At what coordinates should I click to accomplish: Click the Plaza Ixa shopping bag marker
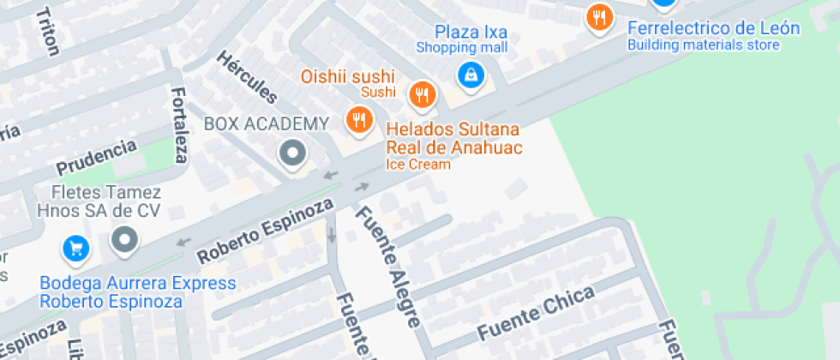click(x=470, y=75)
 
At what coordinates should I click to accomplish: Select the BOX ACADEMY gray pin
click(x=293, y=154)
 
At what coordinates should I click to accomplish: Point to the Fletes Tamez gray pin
click(x=125, y=240)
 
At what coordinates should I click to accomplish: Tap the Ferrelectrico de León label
click(x=713, y=28)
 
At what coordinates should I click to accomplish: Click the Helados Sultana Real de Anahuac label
click(x=454, y=138)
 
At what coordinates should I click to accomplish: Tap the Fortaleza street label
click(x=179, y=124)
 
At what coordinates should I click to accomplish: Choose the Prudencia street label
click(x=96, y=157)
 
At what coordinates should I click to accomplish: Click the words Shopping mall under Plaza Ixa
click(x=462, y=48)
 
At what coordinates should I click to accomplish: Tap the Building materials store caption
click(x=704, y=45)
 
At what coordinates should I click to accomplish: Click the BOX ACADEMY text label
click(x=266, y=123)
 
